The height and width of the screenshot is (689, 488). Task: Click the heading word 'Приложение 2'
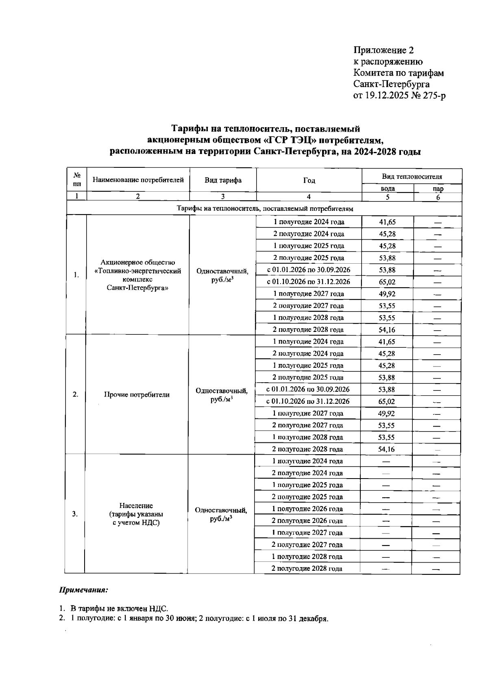pyautogui.click(x=383, y=50)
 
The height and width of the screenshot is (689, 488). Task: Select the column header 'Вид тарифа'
pyautogui.click(x=223, y=180)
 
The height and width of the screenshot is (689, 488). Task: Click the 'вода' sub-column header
pyautogui.click(x=388, y=189)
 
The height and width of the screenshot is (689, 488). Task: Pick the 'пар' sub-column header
pyautogui.click(x=438, y=189)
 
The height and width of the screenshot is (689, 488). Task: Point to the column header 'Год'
pyautogui.click(x=309, y=181)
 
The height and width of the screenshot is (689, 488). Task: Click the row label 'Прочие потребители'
pyautogui.click(x=137, y=394)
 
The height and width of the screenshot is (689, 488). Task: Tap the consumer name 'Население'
pyautogui.click(x=136, y=506)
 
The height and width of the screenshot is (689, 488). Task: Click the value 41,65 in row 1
pyautogui.click(x=387, y=222)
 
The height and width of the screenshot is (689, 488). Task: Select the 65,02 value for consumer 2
pyautogui.click(x=386, y=402)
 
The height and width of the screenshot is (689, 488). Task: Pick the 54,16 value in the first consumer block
pyautogui.click(x=387, y=330)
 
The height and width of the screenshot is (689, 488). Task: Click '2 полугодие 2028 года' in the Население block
pyautogui.click(x=307, y=569)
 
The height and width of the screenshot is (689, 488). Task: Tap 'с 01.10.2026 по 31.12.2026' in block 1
pyautogui.click(x=309, y=282)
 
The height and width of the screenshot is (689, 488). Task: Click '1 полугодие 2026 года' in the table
pyautogui.click(x=307, y=509)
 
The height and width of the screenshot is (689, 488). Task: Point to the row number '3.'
pyautogui.click(x=75, y=514)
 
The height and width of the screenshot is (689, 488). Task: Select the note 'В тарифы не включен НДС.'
pyautogui.click(x=119, y=609)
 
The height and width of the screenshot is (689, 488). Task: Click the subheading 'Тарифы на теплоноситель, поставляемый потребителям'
pyautogui.click(x=264, y=209)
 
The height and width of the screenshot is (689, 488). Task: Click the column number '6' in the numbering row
pyautogui.click(x=438, y=197)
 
